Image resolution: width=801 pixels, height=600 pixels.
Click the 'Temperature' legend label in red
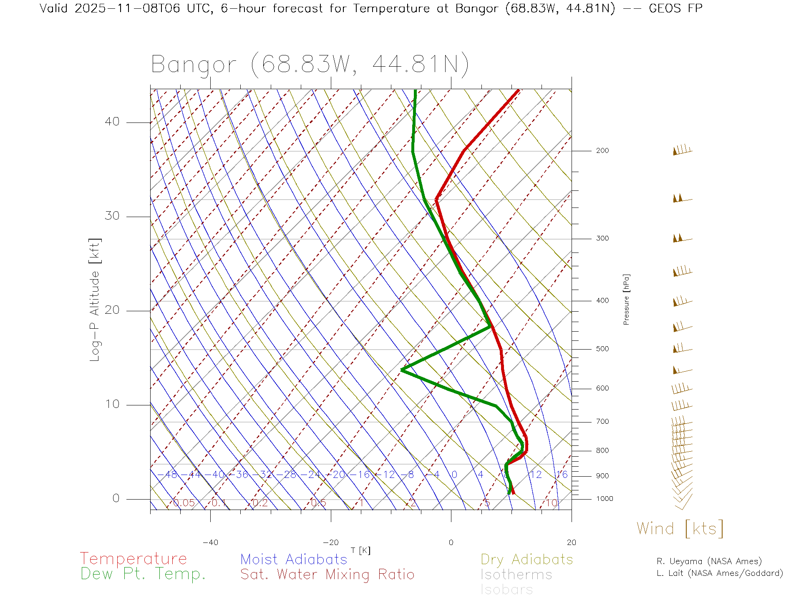coord(133,558)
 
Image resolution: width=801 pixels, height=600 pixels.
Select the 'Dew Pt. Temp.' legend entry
coord(143,574)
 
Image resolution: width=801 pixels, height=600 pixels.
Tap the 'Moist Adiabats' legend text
coord(294,559)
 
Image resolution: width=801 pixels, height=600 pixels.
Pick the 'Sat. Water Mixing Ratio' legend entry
coord(327,574)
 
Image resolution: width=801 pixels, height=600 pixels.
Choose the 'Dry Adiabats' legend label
coord(526,559)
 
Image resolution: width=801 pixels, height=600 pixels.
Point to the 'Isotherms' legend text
coord(516,575)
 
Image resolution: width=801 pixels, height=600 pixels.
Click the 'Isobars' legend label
coord(506,590)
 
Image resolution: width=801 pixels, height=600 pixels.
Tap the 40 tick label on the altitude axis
coord(112,122)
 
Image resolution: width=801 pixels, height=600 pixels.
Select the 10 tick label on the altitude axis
coord(112,404)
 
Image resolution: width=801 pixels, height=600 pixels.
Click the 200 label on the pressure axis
coord(602,151)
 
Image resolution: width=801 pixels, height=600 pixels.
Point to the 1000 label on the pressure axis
coord(605,499)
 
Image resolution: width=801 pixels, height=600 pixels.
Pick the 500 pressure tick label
coord(602,349)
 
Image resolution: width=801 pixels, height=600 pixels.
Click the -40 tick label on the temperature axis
coord(210,542)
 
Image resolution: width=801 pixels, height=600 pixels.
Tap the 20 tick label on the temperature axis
coord(571,542)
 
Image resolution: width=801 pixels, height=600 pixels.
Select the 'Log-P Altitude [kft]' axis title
coord(95,300)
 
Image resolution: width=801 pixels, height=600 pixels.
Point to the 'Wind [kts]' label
coord(680,529)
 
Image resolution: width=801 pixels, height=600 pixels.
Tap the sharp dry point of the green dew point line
coord(402,370)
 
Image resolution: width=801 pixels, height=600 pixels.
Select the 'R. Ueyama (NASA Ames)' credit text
coord(709,561)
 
